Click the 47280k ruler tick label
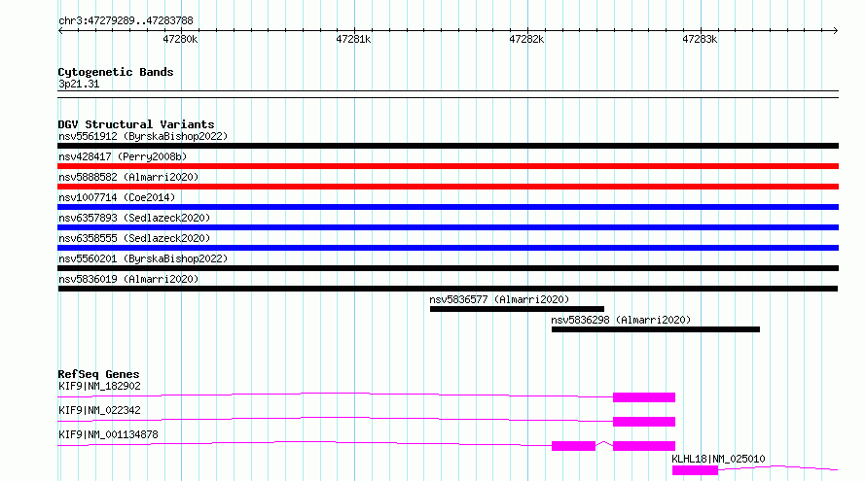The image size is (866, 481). pyautogui.click(x=180, y=39)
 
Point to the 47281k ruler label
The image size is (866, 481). pyautogui.click(x=353, y=39)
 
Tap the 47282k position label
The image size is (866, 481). pyautogui.click(x=526, y=39)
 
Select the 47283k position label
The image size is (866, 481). pyautogui.click(x=700, y=39)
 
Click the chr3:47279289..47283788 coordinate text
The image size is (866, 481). pyautogui.click(x=126, y=21)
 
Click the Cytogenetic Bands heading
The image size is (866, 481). pyautogui.click(x=116, y=72)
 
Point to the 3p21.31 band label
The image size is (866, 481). pyautogui.click(x=79, y=84)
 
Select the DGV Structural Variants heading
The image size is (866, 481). pyautogui.click(x=136, y=124)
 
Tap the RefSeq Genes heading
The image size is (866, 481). pyautogui.click(x=98, y=374)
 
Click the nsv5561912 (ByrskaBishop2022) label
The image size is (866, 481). pyautogui.click(x=143, y=136)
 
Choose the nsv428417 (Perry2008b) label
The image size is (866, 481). pyautogui.click(x=123, y=156)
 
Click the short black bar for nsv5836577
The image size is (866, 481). pyautogui.click(x=517, y=309)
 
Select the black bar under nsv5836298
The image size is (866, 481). pyautogui.click(x=656, y=329)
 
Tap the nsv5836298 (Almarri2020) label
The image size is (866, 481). pyautogui.click(x=621, y=320)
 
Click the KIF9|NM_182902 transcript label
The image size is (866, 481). pyautogui.click(x=99, y=386)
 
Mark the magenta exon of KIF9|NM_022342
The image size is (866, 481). pyautogui.click(x=644, y=422)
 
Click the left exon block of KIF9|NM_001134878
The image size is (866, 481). pyautogui.click(x=573, y=446)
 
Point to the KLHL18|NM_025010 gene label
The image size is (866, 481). pyautogui.click(x=718, y=459)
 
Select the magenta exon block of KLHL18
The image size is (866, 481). pyautogui.click(x=695, y=470)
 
